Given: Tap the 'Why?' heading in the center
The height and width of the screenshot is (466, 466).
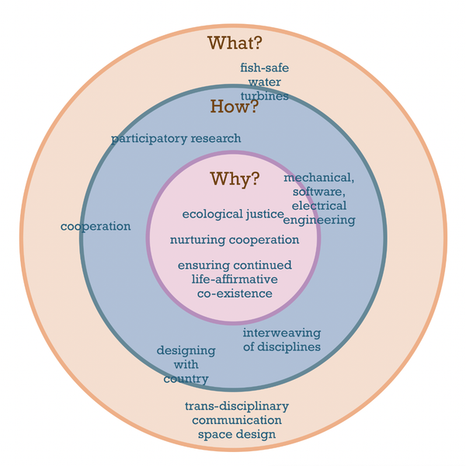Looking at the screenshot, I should (x=235, y=179).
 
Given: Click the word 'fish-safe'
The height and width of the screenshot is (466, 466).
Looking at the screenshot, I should (x=264, y=68).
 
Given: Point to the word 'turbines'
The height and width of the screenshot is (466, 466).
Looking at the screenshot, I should (x=264, y=96).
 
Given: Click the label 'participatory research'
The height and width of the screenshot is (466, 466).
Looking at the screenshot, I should (x=176, y=138).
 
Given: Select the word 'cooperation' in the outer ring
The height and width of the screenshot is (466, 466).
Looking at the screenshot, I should (x=96, y=226).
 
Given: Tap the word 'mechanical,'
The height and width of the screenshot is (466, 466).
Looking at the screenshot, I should (x=319, y=178).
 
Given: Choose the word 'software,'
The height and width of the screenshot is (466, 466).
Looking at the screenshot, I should (x=319, y=192).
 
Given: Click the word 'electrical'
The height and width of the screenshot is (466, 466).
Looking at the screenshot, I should (x=319, y=206).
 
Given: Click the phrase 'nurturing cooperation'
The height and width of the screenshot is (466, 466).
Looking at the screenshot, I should (x=235, y=240).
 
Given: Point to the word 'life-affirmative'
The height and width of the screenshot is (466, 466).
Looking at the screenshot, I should (x=234, y=280).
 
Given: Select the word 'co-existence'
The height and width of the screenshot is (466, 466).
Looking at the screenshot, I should (x=234, y=294).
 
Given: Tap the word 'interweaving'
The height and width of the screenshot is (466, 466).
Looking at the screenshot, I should (x=282, y=332).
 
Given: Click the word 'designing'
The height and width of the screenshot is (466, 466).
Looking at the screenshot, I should (x=186, y=350).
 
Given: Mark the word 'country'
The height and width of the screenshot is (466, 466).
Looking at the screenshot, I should (x=186, y=379).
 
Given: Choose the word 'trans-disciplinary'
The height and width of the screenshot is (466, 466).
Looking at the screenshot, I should (x=237, y=406).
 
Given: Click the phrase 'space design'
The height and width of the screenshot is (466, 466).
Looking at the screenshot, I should (x=237, y=434).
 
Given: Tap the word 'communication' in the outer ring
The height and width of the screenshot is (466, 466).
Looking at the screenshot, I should (x=237, y=420).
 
